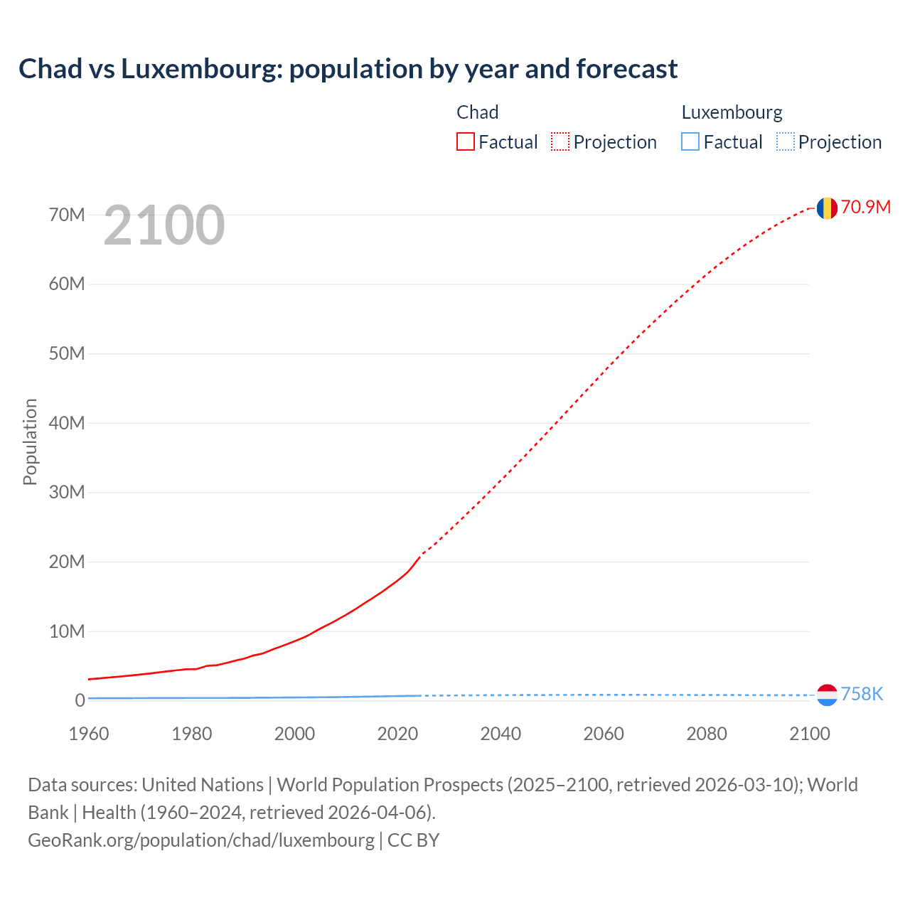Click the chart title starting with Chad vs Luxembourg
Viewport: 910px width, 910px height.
[348, 69]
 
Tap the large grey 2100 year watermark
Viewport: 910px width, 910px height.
[164, 225]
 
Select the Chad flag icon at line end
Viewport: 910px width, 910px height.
[826, 208]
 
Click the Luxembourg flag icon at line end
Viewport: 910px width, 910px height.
[826, 695]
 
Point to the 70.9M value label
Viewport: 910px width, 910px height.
[865, 207]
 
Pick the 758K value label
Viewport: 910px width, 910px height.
[862, 695]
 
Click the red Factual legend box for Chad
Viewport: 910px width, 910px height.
[466, 142]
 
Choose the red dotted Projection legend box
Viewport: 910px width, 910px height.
[560, 142]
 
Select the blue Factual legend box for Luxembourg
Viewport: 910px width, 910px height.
[690, 142]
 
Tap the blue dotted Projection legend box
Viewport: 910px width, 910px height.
[785, 142]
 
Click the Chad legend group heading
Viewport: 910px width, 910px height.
[477, 112]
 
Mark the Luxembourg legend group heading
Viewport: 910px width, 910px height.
[732, 112]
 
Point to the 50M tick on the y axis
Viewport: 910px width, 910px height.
[67, 353]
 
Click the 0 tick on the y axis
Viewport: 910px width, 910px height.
[80, 701]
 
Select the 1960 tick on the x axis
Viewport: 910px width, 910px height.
[89, 734]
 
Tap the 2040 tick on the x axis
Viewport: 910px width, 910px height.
[500, 734]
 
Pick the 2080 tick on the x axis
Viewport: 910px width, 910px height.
[707, 734]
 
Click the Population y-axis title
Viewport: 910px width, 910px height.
[30, 441]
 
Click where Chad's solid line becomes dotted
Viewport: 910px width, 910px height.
[421, 555]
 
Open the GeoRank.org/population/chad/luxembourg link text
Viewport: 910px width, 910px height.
[201, 840]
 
